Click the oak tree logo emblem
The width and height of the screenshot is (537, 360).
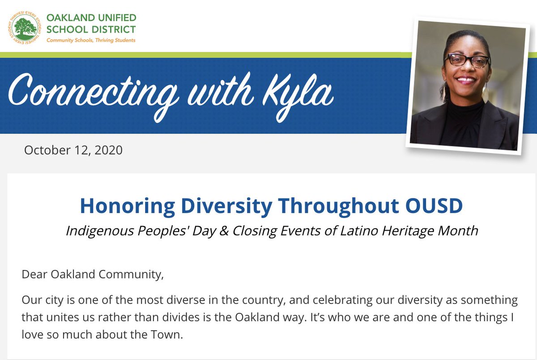[x=25, y=28]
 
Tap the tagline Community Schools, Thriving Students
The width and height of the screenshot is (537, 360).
[x=91, y=40]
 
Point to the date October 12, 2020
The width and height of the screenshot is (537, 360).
[x=73, y=150]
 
